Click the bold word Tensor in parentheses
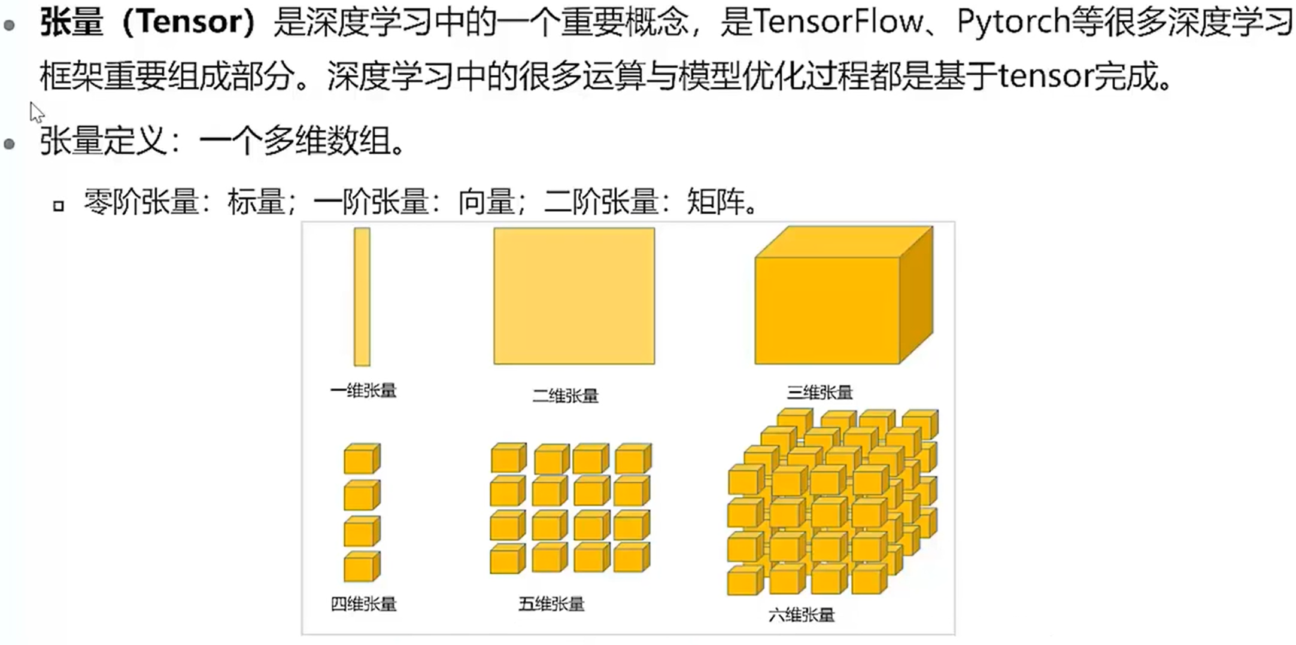[x=189, y=23]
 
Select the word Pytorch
[x=1013, y=23]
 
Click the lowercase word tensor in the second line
[x=1045, y=77]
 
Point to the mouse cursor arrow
[x=36, y=111]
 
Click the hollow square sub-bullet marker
[x=58, y=206]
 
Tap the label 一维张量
[x=363, y=391]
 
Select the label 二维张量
[x=566, y=395]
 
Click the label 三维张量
[x=820, y=393]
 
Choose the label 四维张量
[x=363, y=604]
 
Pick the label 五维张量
[x=551, y=604]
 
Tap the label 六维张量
[x=801, y=614]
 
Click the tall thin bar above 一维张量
[x=362, y=296]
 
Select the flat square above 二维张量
[x=573, y=296]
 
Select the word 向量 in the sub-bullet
[x=487, y=202]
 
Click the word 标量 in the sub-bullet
[x=256, y=202]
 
